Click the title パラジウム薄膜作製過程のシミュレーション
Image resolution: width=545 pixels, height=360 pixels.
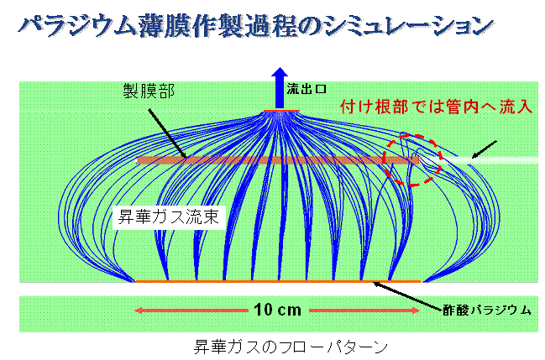pyautogui.click(x=255, y=26)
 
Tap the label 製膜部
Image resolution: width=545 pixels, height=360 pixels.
pyautogui.click(x=149, y=91)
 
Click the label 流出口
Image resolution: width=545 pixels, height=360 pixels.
pyautogui.click(x=307, y=89)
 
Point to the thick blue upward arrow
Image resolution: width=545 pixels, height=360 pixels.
pyautogui.click(x=280, y=88)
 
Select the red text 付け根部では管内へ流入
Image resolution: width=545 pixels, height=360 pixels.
pyautogui.click(x=436, y=107)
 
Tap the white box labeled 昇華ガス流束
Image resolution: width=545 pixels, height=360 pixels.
pyautogui.click(x=169, y=217)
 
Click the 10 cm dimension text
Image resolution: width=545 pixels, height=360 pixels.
pyautogui.click(x=277, y=310)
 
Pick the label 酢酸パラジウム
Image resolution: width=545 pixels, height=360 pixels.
pyautogui.click(x=487, y=310)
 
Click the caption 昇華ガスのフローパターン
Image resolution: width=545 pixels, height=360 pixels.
pyautogui.click(x=291, y=347)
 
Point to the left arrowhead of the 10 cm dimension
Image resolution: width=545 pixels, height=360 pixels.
pyautogui.click(x=139, y=310)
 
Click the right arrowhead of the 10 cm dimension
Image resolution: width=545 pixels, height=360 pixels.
pyautogui.click(x=416, y=310)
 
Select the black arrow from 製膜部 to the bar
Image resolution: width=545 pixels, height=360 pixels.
pyautogui.click(x=168, y=133)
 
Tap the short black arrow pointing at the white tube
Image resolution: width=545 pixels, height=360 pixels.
pyautogui.click(x=484, y=149)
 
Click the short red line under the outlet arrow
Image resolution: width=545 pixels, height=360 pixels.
pyautogui.click(x=281, y=111)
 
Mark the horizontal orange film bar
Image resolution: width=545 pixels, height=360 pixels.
pyautogui.click(x=278, y=160)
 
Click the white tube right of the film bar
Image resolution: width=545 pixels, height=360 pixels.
pyautogui.click(x=479, y=160)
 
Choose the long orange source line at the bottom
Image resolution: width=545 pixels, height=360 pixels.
pyautogui.click(x=278, y=281)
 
